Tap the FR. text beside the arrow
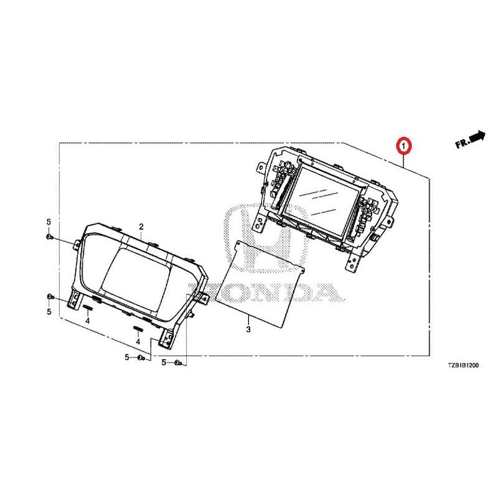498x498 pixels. (x=462, y=144)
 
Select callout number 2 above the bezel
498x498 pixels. (x=141, y=227)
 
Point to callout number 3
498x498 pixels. (x=248, y=329)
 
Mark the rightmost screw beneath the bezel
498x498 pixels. (x=179, y=362)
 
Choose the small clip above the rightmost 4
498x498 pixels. (x=137, y=328)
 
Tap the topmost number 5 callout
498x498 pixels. (x=49, y=222)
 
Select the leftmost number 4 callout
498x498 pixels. (x=88, y=321)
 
